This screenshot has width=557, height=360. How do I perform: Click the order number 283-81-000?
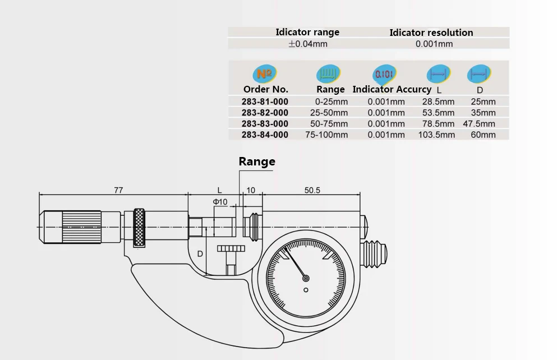click(x=265, y=101)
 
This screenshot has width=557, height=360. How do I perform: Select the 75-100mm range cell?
click(x=326, y=135)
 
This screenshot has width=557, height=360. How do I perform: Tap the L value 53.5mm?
click(x=438, y=113)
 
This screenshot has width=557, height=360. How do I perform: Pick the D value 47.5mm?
click(x=479, y=123)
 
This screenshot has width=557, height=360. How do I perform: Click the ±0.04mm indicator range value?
click(x=308, y=44)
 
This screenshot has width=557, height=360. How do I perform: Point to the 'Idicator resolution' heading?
click(x=431, y=33)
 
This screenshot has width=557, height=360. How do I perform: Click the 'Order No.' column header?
click(x=266, y=89)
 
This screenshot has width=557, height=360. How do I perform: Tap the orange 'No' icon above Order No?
click(x=264, y=74)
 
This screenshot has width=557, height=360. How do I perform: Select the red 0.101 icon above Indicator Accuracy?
click(x=384, y=74)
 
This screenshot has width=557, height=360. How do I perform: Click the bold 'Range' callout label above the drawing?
click(x=257, y=161)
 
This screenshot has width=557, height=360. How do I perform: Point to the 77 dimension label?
click(x=118, y=190)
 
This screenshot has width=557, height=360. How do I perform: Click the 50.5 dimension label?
click(x=312, y=190)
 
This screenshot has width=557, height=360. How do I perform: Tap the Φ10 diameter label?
click(x=220, y=202)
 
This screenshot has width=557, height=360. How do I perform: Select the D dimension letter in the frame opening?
click(x=200, y=254)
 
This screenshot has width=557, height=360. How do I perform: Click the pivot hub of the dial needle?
click(x=306, y=279)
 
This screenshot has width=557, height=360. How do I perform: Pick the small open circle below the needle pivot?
click(x=306, y=290)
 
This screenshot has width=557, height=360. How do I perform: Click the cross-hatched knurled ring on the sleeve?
click(x=139, y=228)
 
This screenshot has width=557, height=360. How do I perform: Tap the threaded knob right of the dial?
click(x=374, y=254)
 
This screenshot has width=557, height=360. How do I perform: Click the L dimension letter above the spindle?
click(x=219, y=190)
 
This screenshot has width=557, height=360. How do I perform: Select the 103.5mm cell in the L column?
click(x=436, y=135)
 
